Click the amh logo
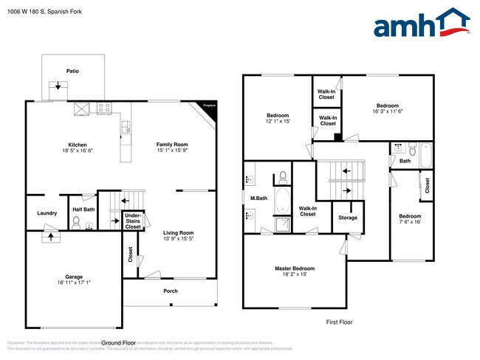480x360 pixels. click(422, 24)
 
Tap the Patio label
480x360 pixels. click(73, 72)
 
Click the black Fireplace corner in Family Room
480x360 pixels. click(210, 106)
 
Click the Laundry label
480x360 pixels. click(47, 213)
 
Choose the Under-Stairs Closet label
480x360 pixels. click(133, 221)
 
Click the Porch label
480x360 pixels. click(171, 290)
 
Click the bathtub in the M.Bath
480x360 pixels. click(282, 200)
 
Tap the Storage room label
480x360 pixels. click(348, 218)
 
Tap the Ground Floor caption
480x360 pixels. click(119, 343)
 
